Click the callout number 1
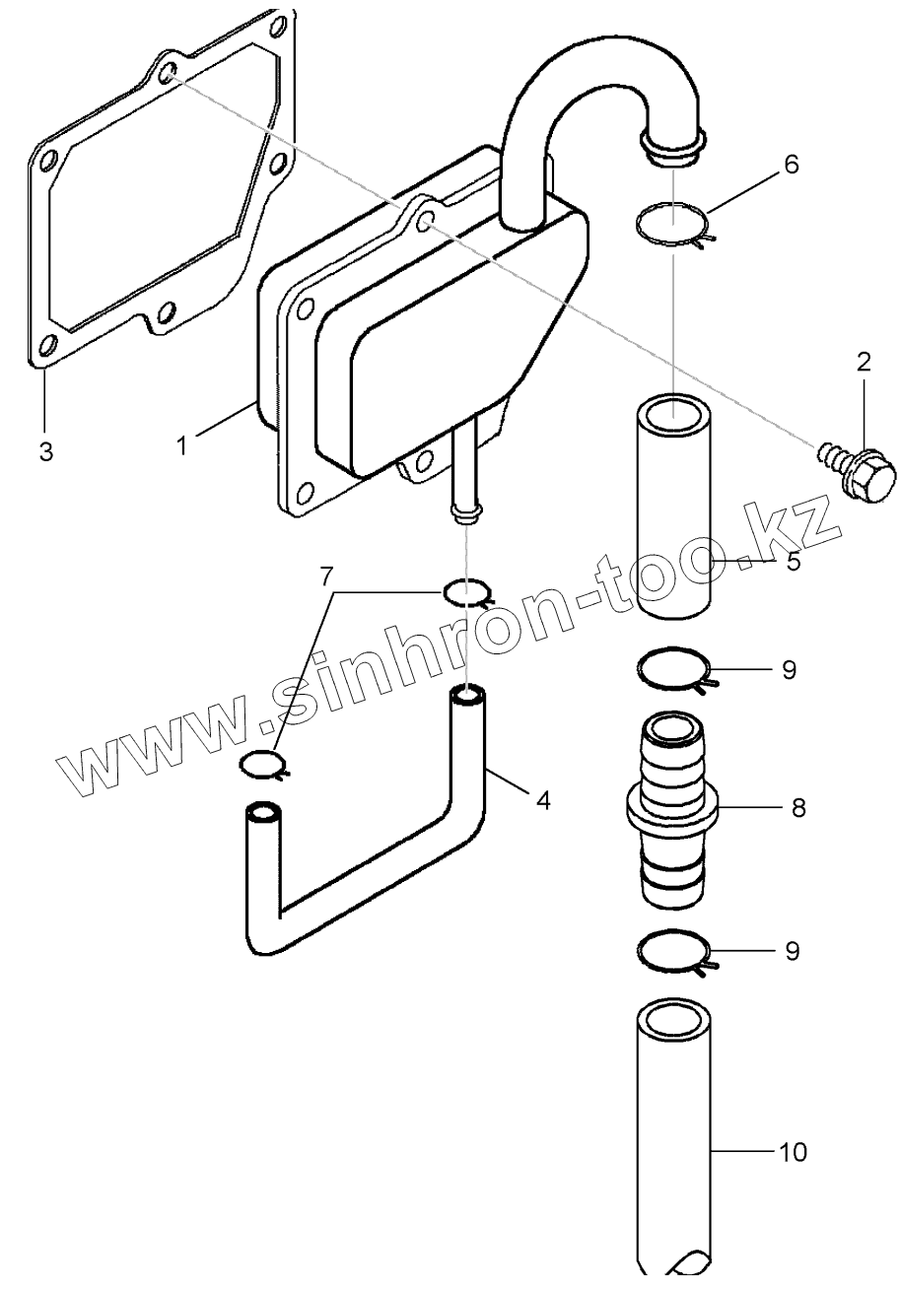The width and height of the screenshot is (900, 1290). pyautogui.click(x=181, y=445)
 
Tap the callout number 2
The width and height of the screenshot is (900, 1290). pyautogui.click(x=864, y=362)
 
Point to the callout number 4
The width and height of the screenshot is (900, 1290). pyautogui.click(x=542, y=799)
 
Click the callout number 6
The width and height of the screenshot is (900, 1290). pyautogui.click(x=791, y=164)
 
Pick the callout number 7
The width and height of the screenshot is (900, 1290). pyautogui.click(x=325, y=576)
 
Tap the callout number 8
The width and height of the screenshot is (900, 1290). pyautogui.click(x=798, y=808)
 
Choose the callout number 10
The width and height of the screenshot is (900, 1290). pyautogui.click(x=794, y=1151)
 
